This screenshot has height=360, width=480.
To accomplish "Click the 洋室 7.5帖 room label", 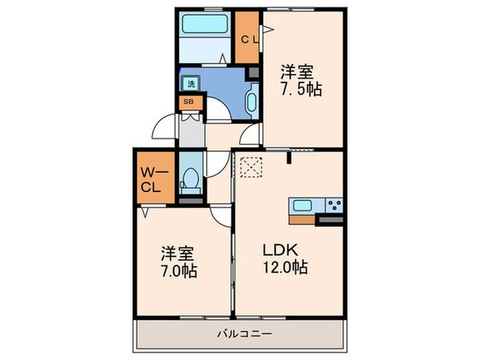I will (300, 81).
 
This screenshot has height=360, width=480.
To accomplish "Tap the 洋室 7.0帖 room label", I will (178, 262).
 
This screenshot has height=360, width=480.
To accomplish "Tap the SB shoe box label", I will (190, 102).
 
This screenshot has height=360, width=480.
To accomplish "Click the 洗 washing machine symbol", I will (191, 83).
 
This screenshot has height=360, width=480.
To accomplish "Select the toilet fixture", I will (190, 181).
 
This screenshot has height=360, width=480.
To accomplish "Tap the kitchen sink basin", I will (302, 206).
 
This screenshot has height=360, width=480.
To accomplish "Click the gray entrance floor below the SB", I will (191, 130).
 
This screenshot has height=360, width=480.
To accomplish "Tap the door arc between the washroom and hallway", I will (218, 109).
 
